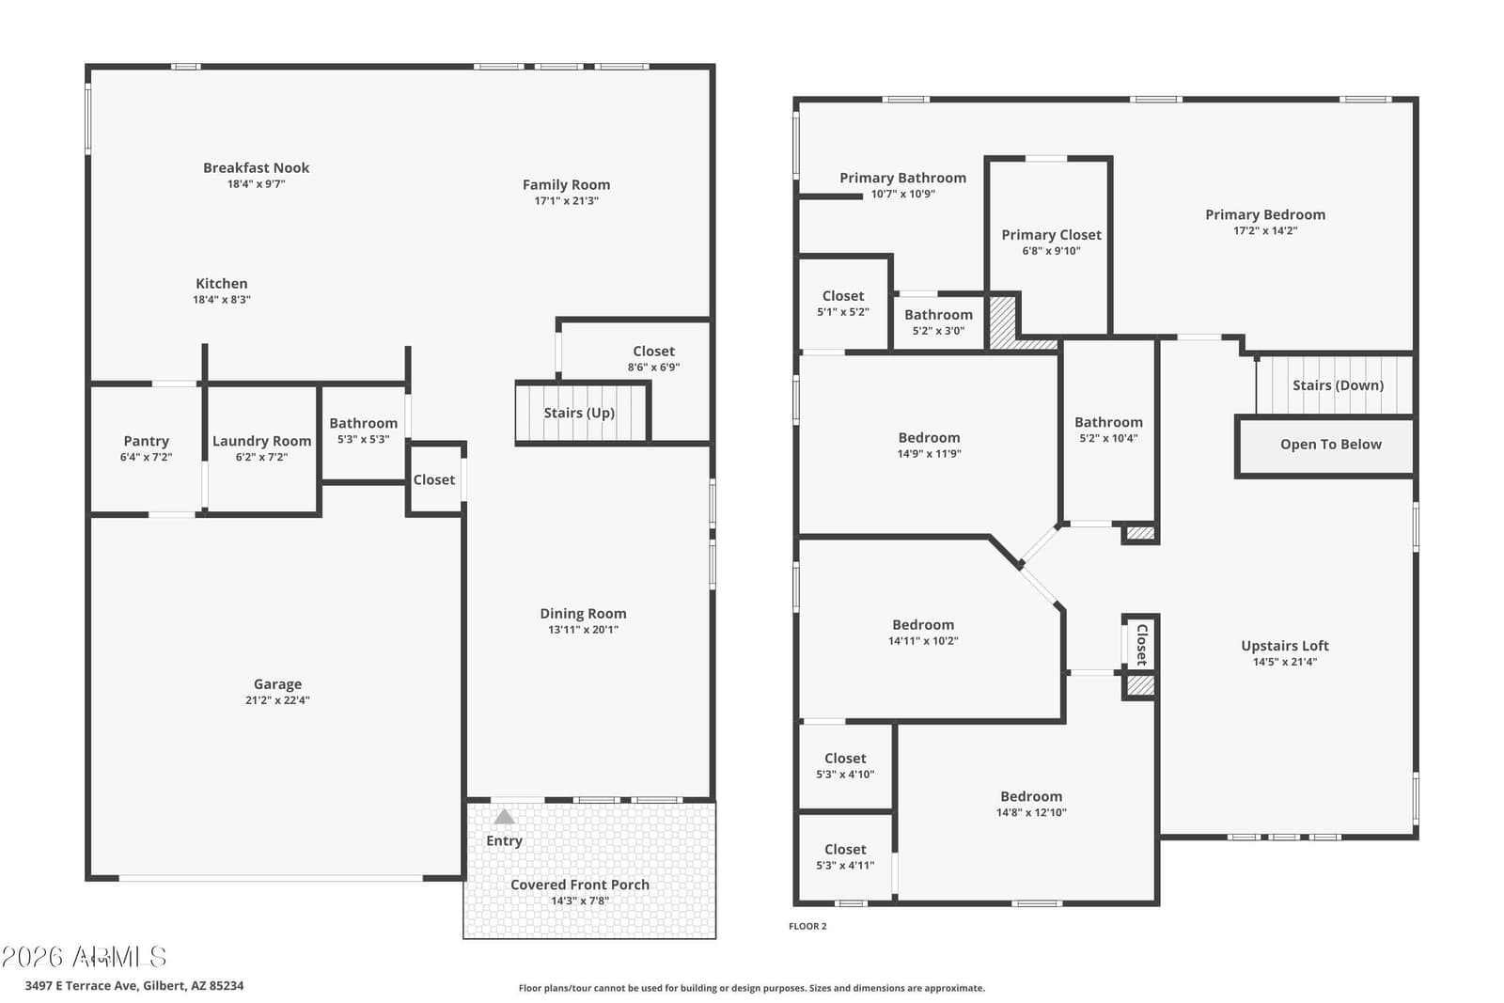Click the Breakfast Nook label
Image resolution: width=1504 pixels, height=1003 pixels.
[256, 168]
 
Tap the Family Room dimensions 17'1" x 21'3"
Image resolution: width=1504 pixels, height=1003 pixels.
[566, 201]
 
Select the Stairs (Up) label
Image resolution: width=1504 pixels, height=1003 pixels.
[579, 413]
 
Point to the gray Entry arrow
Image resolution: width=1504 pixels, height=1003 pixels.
[504, 816]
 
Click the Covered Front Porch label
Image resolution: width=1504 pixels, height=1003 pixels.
[579, 885]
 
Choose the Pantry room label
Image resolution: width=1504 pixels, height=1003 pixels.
[147, 441]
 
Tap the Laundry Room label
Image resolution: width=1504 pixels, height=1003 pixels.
[262, 441]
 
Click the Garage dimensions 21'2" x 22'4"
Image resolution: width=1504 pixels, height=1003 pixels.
[277, 700]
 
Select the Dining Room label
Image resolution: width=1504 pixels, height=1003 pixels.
[583, 614]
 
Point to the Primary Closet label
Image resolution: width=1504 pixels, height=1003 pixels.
[1052, 235]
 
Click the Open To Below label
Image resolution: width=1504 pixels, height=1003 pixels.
[1331, 445]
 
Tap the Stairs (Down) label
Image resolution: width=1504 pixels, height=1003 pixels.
[1339, 385]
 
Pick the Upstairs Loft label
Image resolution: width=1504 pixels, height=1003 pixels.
[1284, 646]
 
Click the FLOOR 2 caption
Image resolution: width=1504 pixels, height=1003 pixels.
[807, 927]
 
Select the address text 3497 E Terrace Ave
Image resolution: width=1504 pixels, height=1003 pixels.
[81, 985]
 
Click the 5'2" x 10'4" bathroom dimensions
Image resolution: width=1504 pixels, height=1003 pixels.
[1108, 438]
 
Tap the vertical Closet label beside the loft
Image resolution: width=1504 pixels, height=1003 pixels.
[1141, 645]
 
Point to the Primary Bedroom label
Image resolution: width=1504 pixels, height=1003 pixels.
[1265, 215]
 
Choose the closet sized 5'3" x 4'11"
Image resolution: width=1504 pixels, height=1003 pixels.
[845, 857]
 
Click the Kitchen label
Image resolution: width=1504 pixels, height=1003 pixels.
[222, 284]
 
